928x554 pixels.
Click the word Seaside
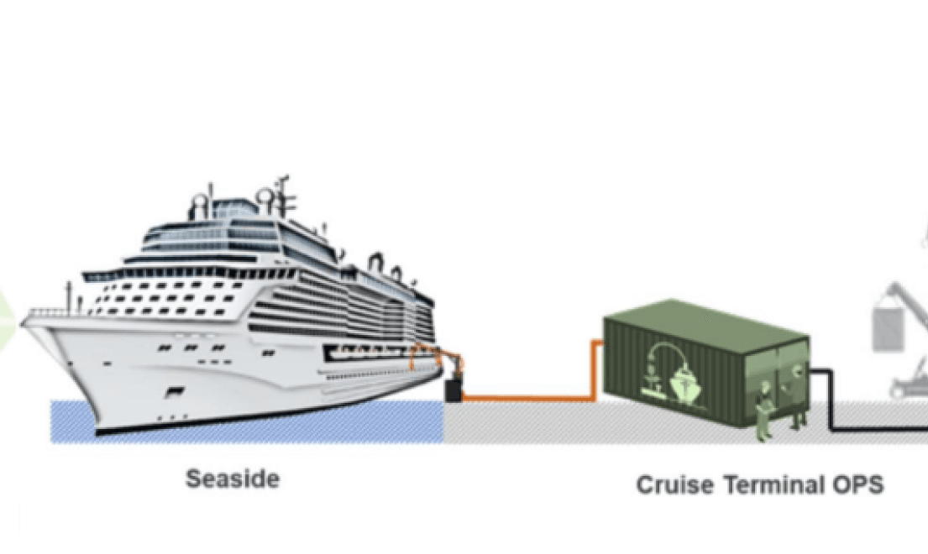click(233, 478)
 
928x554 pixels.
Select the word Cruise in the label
click(675, 485)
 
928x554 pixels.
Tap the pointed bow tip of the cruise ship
click(23, 323)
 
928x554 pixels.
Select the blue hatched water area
click(248, 421)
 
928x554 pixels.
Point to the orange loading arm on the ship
click(436, 357)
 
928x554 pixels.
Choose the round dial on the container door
click(797, 371)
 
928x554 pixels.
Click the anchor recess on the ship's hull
click(176, 391)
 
